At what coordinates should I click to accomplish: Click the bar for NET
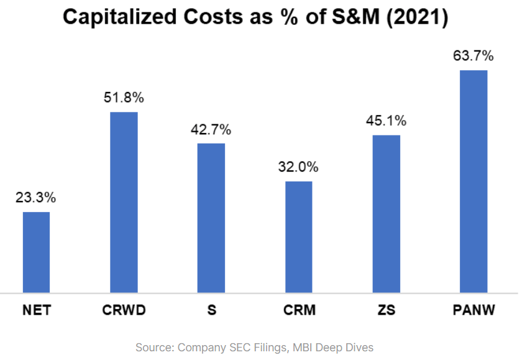(36, 252)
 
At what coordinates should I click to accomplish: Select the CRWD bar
(124, 202)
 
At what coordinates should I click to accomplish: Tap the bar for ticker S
(211, 218)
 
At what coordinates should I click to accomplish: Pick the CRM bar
(298, 236)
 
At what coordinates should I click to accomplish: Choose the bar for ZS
(386, 213)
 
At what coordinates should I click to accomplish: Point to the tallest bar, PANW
(474, 181)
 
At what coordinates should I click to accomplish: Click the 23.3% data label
(36, 198)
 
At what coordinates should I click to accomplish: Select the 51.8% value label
(124, 98)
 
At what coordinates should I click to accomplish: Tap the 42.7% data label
(211, 129)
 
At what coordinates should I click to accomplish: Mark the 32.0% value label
(298, 167)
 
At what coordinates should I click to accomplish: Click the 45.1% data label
(386, 121)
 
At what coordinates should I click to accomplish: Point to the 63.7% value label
(474, 56)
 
